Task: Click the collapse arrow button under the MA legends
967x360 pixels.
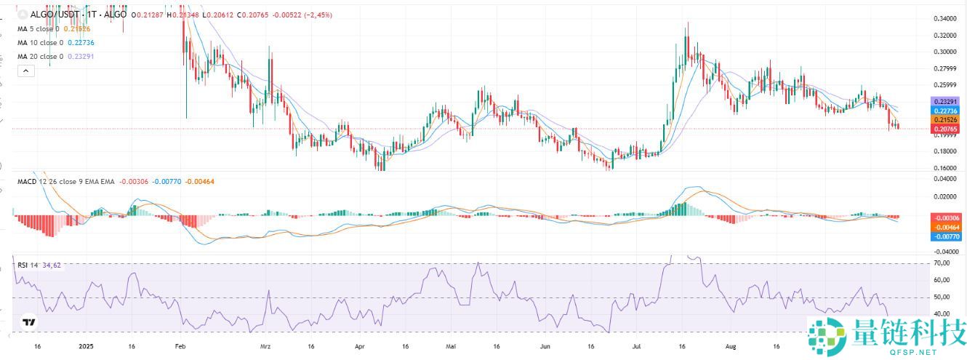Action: [25, 71]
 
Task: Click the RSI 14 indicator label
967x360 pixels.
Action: [28, 265]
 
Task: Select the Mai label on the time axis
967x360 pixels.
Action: [452, 347]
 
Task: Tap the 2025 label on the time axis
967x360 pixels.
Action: [87, 347]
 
